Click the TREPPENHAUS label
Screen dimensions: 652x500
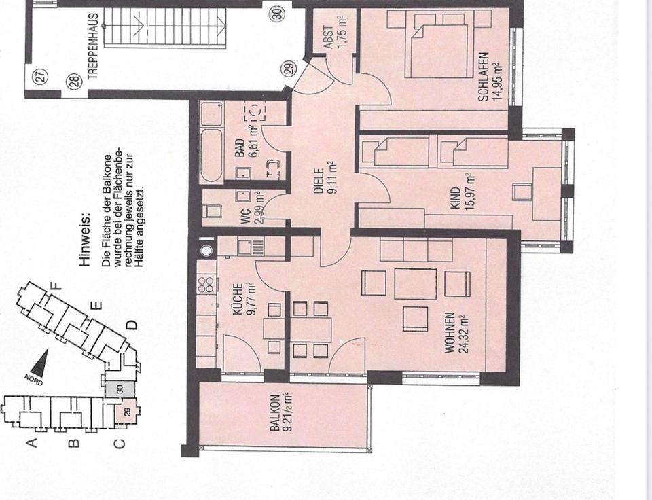click(93, 47)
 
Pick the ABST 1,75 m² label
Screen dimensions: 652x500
click(334, 33)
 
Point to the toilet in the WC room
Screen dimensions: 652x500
click(213, 211)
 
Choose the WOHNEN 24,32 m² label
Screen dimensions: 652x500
click(456, 333)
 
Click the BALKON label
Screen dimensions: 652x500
click(281, 412)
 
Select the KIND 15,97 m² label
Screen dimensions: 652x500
click(463, 192)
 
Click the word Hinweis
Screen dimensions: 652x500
click(84, 240)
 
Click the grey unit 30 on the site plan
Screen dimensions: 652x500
click(120, 389)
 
